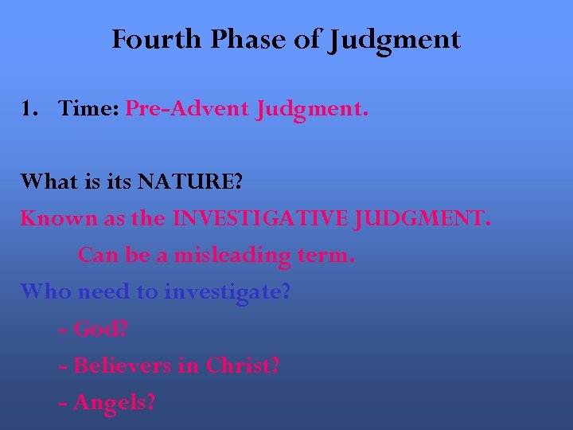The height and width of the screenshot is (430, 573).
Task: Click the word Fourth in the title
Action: pyautogui.click(x=158, y=39)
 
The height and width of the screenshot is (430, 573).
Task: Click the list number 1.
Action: pyautogui.click(x=29, y=109)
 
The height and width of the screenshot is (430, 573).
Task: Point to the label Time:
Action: pyautogui.click(x=88, y=109)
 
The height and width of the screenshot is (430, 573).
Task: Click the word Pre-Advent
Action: pyautogui.click(x=187, y=109)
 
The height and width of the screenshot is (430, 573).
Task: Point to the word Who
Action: pyautogui.click(x=45, y=291)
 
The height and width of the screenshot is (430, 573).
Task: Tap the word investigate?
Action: pyautogui.click(x=228, y=292)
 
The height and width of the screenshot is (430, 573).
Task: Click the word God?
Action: pyautogui.click(x=101, y=329)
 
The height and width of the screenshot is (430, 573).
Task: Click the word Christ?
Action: pyautogui.click(x=243, y=365)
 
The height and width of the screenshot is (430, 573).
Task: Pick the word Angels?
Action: pyautogui.click(x=114, y=403)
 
